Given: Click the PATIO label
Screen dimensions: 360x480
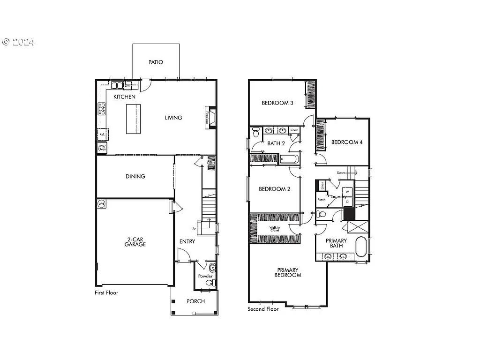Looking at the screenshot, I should [x=156, y=62].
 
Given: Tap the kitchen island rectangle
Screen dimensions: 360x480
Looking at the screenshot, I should [x=133, y=119].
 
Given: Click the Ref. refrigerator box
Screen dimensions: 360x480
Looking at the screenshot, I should [x=103, y=134].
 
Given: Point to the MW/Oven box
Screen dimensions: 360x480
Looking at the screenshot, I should [x=102, y=148].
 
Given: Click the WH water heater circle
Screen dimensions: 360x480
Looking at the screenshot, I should [x=101, y=204].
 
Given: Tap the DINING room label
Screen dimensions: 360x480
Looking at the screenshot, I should [x=135, y=177].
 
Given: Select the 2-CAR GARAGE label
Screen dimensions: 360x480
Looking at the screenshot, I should [x=135, y=241].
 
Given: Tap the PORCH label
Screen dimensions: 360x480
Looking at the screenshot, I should [x=195, y=301].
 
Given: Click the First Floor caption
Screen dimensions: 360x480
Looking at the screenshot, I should [x=106, y=293].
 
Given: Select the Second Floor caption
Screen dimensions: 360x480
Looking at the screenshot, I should [x=263, y=309].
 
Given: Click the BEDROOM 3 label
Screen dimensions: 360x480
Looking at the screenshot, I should [x=277, y=103].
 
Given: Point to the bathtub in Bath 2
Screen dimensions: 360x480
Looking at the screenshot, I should [x=289, y=160].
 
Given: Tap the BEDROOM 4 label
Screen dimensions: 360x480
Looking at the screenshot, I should [x=347, y=142].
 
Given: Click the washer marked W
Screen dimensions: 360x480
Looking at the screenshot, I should [x=348, y=192].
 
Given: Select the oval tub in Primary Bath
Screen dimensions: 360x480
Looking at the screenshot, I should [x=361, y=247].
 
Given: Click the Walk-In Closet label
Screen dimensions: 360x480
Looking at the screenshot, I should [x=274, y=229].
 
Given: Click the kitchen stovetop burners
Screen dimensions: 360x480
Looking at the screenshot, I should [x=102, y=109].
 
